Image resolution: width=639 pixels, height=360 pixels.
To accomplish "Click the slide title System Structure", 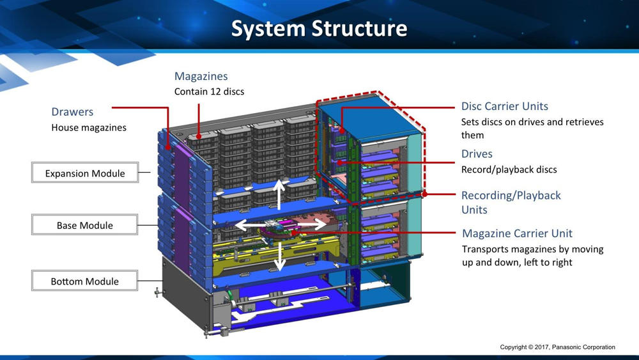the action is click(x=319, y=29).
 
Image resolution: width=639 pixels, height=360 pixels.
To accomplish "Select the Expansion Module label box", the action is click(x=85, y=173).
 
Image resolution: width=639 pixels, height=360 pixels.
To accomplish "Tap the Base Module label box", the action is click(x=85, y=224).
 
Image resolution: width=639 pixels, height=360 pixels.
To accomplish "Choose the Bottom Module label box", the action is click(x=85, y=281).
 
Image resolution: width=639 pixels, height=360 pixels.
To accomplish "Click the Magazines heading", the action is click(x=201, y=76).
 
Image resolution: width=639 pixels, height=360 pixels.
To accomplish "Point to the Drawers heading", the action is click(x=72, y=112).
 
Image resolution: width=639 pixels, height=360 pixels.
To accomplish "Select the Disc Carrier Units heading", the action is click(x=505, y=106).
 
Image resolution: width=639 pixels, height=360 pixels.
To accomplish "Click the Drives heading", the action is click(x=477, y=153).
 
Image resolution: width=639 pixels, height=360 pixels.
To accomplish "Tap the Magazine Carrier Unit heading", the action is click(x=517, y=233).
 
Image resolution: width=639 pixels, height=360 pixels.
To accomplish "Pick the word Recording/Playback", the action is click(x=511, y=196).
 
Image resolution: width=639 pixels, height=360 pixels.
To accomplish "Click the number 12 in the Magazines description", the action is click(x=215, y=91).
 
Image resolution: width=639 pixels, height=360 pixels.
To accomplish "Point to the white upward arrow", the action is click(x=279, y=194).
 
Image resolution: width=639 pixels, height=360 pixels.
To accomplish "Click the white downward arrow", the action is click(x=280, y=256).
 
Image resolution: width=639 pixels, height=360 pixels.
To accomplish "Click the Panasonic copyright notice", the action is click(x=557, y=347).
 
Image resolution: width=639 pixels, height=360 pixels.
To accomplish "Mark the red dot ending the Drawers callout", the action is click(x=168, y=147).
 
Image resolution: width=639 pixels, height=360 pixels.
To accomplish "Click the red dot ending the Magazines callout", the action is click(x=199, y=137).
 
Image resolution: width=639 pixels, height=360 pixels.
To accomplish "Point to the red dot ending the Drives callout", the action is click(x=339, y=162).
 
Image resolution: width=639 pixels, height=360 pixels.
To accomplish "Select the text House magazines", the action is click(x=89, y=128).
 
